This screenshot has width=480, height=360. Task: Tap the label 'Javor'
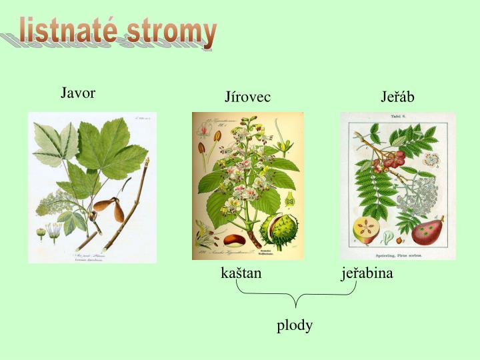click(78, 93)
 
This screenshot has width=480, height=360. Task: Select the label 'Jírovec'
click(248, 97)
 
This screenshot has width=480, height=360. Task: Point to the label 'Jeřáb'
click(397, 97)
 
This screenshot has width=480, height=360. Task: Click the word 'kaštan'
click(241, 273)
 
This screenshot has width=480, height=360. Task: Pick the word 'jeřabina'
click(367, 273)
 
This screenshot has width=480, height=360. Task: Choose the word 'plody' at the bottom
click(295, 325)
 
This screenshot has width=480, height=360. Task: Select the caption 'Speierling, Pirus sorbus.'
click(398, 254)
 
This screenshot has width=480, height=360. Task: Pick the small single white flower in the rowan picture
click(431, 160)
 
